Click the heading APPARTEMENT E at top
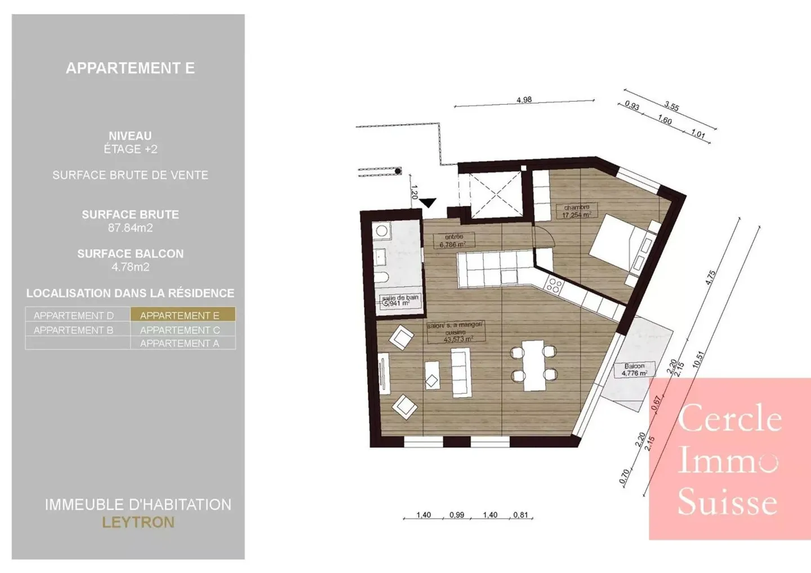tap(130, 68)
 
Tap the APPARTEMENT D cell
tap(74, 315)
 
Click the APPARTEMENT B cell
tap(74, 330)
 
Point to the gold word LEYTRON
tap(138, 522)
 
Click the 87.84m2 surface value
tap(130, 228)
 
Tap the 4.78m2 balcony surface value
tap(130, 267)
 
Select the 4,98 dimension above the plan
tap(524, 100)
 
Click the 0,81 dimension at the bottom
tap(520, 514)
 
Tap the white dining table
tap(533, 365)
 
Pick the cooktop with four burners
tap(553, 285)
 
